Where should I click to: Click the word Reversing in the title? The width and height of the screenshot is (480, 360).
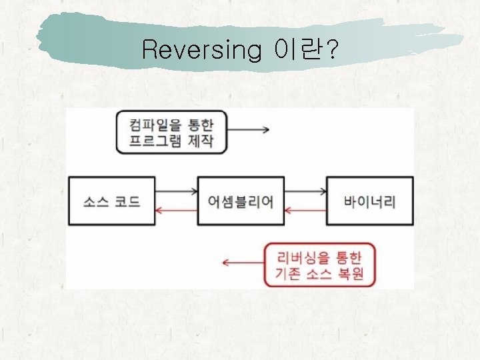pyautogui.click(x=201, y=49)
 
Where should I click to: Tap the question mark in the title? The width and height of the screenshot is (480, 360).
pyautogui.click(x=329, y=49)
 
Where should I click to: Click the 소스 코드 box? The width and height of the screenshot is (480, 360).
pyautogui.click(x=112, y=201)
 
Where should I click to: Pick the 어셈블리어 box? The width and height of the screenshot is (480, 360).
pyautogui.click(x=241, y=201)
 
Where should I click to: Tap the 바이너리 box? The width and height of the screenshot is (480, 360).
pyautogui.click(x=369, y=201)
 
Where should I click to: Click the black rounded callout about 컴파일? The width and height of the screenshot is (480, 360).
pyautogui.click(x=171, y=132)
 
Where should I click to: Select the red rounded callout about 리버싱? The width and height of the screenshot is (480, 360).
pyautogui.click(x=319, y=265)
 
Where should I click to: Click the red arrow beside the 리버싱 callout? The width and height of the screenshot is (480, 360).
pyautogui.click(x=243, y=262)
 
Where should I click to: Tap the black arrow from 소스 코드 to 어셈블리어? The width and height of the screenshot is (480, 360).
pyautogui.click(x=177, y=192)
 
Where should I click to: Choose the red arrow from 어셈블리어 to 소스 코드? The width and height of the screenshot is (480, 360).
pyautogui.click(x=177, y=211)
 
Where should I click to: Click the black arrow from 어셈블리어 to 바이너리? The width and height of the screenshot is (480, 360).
pyautogui.click(x=305, y=192)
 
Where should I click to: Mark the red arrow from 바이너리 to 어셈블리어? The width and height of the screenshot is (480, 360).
pyautogui.click(x=305, y=211)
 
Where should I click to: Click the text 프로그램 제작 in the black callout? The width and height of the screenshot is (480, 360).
pyautogui.click(x=171, y=141)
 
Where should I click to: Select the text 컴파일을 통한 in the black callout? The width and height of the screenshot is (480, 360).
pyautogui.click(x=171, y=123)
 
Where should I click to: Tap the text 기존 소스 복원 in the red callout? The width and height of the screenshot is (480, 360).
pyautogui.click(x=319, y=274)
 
